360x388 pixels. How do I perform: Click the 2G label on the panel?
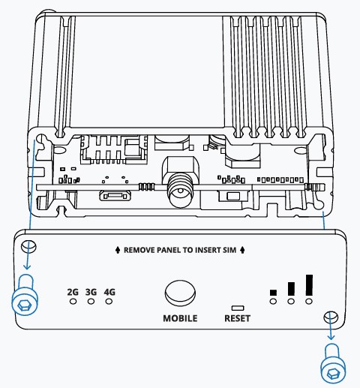(x=73, y=292)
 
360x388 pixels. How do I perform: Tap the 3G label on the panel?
(x=91, y=292)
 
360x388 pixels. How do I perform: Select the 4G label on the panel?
(x=109, y=292)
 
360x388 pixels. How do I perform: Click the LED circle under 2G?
(x=73, y=302)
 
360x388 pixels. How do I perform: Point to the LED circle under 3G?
(x=91, y=302)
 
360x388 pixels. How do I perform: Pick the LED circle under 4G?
(x=109, y=302)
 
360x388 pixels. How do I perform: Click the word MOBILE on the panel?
(x=180, y=318)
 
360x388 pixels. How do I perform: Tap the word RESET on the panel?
(x=238, y=318)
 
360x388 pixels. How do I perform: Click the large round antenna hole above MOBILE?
(x=180, y=291)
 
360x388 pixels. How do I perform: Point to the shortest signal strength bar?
(x=273, y=293)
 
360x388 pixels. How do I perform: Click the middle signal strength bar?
(x=291, y=289)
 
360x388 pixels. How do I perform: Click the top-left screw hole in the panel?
(x=30, y=248)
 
